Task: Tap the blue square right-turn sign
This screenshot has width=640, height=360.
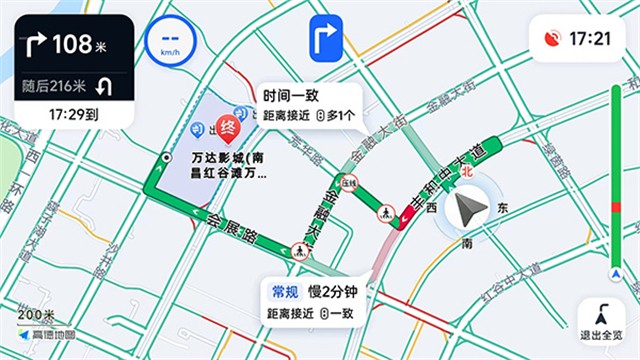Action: click(x=327, y=40)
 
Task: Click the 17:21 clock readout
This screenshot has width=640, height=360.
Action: click(x=589, y=39)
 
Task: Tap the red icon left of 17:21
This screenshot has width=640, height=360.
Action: click(x=551, y=39)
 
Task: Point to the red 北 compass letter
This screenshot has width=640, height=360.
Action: click(x=467, y=171)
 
